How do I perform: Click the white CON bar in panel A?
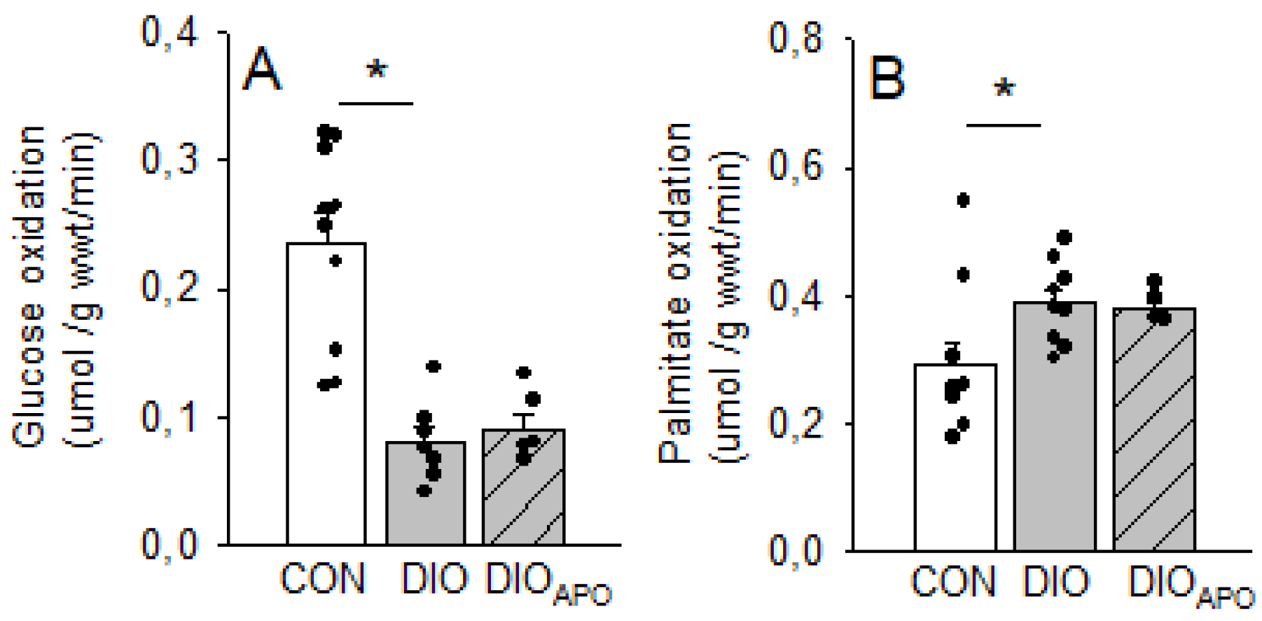tap(326, 420)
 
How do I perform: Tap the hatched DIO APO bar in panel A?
tap(523, 497)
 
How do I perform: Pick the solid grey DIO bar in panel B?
tap(1055, 448)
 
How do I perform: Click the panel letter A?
tap(262, 71)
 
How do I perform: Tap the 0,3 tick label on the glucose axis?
tap(170, 160)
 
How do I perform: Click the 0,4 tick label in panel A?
tap(170, 32)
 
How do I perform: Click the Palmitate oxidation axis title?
tap(676, 294)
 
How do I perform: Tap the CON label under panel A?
tap(323, 580)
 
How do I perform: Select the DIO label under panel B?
tap(1057, 582)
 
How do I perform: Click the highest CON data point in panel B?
tap(963, 201)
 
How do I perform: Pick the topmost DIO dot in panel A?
tap(434, 366)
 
